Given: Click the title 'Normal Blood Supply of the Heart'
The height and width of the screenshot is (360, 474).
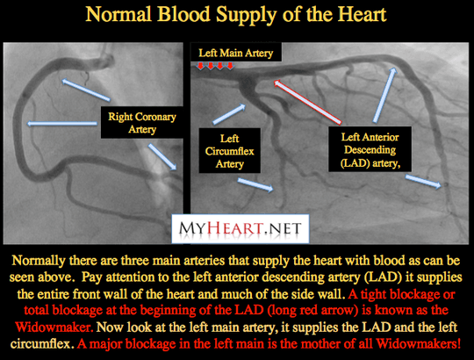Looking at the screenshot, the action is [x=236, y=15].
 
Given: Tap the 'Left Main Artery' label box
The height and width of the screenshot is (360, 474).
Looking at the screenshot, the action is [x=236, y=53].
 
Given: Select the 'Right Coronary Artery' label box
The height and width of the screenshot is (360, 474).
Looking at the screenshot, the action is [x=142, y=122].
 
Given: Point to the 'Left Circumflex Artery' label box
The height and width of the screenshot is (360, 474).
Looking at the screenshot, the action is [x=229, y=151].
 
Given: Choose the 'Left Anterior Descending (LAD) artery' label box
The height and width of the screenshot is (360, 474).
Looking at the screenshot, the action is [x=370, y=149].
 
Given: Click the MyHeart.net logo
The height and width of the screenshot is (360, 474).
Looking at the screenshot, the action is [x=241, y=228].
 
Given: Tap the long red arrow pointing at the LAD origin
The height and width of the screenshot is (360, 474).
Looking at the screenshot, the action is [x=307, y=102].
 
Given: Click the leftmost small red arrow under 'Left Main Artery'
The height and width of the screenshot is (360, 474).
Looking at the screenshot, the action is [x=200, y=66].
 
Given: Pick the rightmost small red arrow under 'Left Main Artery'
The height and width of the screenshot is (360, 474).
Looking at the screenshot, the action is [x=230, y=66].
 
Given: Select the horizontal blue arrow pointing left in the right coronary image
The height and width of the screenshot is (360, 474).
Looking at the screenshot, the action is [x=62, y=123].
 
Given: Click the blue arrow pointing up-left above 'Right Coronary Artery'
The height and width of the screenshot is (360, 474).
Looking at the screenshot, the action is [x=86, y=90].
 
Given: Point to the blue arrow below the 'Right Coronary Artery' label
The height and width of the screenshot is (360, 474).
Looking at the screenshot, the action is [x=162, y=157].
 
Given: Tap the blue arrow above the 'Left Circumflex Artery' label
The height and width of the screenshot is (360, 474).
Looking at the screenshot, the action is [x=229, y=114].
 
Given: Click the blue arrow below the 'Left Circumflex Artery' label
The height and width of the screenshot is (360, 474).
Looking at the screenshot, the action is [x=255, y=184].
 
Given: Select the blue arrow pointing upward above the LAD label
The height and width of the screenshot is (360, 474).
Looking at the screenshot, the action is [x=384, y=95].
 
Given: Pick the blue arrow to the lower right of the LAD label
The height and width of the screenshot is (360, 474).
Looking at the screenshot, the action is [x=423, y=182].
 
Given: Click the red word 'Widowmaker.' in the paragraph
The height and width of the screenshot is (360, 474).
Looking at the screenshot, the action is [x=54, y=327].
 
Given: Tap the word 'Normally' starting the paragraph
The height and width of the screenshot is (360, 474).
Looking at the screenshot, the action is [x=39, y=261].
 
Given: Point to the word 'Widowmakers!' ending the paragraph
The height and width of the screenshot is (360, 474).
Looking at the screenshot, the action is [x=419, y=343].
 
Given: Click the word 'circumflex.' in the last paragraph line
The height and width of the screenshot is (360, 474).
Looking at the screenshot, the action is [x=42, y=343].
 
